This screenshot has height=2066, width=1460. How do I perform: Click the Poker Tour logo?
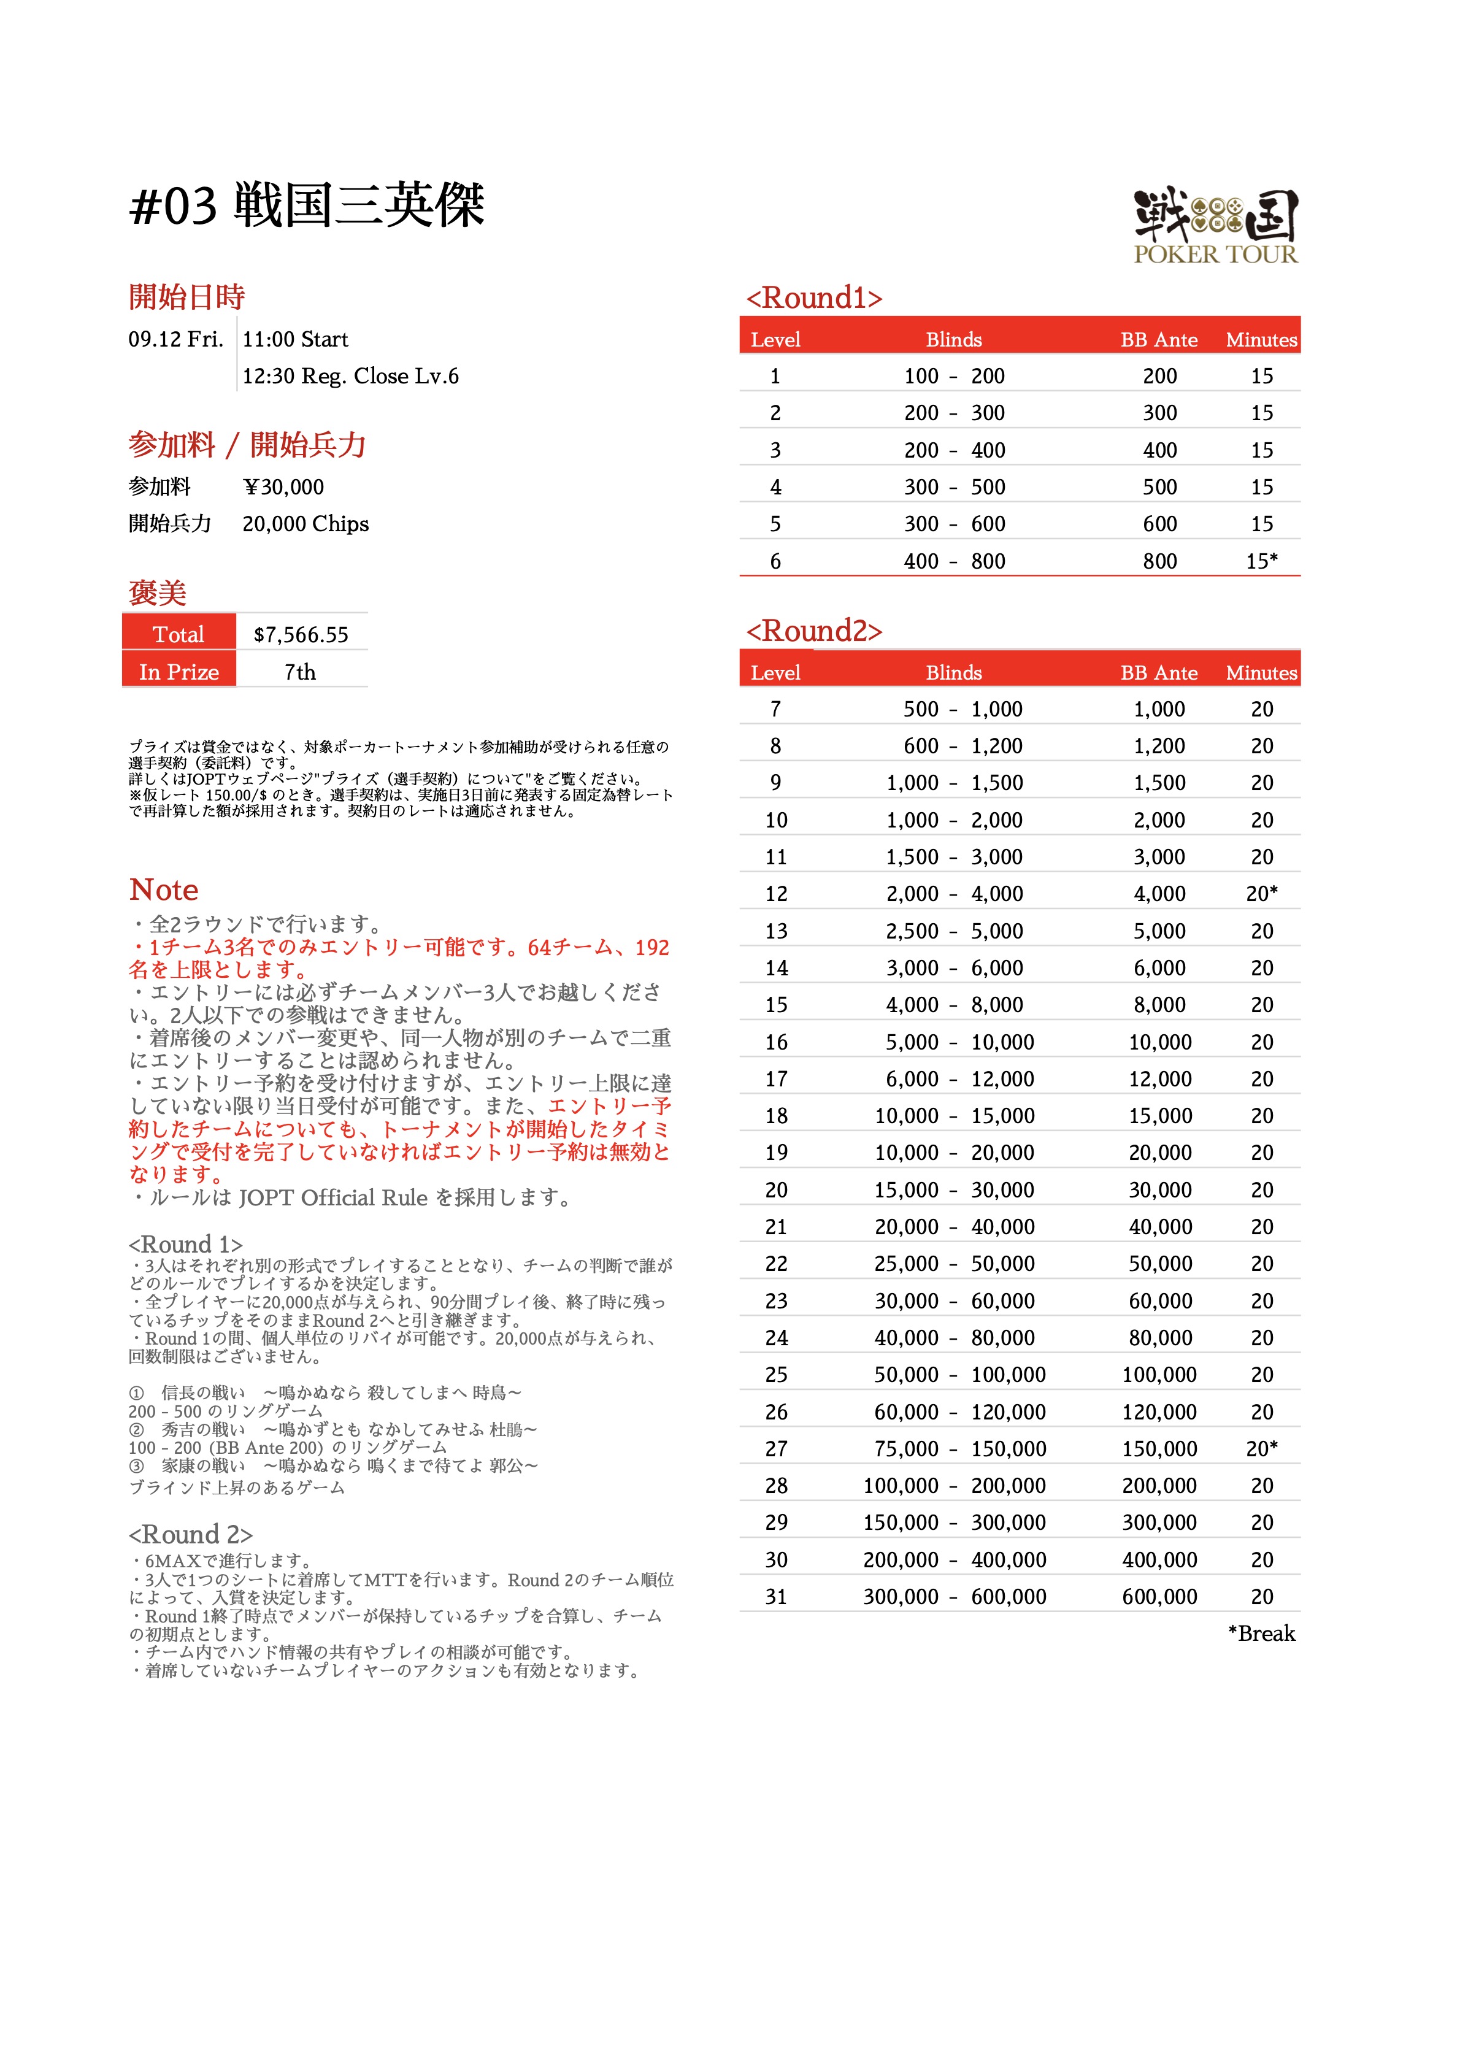[x=1215, y=225]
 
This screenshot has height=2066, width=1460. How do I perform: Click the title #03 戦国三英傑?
[x=307, y=205]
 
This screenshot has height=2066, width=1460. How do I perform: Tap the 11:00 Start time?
[x=295, y=339]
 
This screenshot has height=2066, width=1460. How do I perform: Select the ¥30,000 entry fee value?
[x=283, y=487]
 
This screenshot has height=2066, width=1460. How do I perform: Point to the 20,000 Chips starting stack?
[x=305, y=524]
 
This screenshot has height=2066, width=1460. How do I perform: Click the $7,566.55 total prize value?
[x=301, y=634]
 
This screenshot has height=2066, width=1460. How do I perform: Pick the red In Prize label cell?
[x=179, y=671]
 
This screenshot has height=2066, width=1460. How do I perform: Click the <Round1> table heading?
[x=813, y=298]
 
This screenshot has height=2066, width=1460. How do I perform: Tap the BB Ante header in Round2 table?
[x=1158, y=672]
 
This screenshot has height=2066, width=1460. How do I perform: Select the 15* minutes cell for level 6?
[x=1261, y=561]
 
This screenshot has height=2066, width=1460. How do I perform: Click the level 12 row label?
[x=776, y=894]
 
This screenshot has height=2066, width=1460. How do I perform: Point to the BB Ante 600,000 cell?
[x=1159, y=1596]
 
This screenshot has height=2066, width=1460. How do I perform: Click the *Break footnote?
[x=1261, y=1633]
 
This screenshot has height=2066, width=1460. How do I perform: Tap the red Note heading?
[x=164, y=889]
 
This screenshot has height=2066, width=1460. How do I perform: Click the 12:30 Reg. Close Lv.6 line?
[x=350, y=376]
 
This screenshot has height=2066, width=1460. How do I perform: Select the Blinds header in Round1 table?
[x=953, y=339]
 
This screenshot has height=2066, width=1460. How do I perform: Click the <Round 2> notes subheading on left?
[x=190, y=1534]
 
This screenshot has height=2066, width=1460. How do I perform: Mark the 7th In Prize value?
[x=300, y=671]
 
